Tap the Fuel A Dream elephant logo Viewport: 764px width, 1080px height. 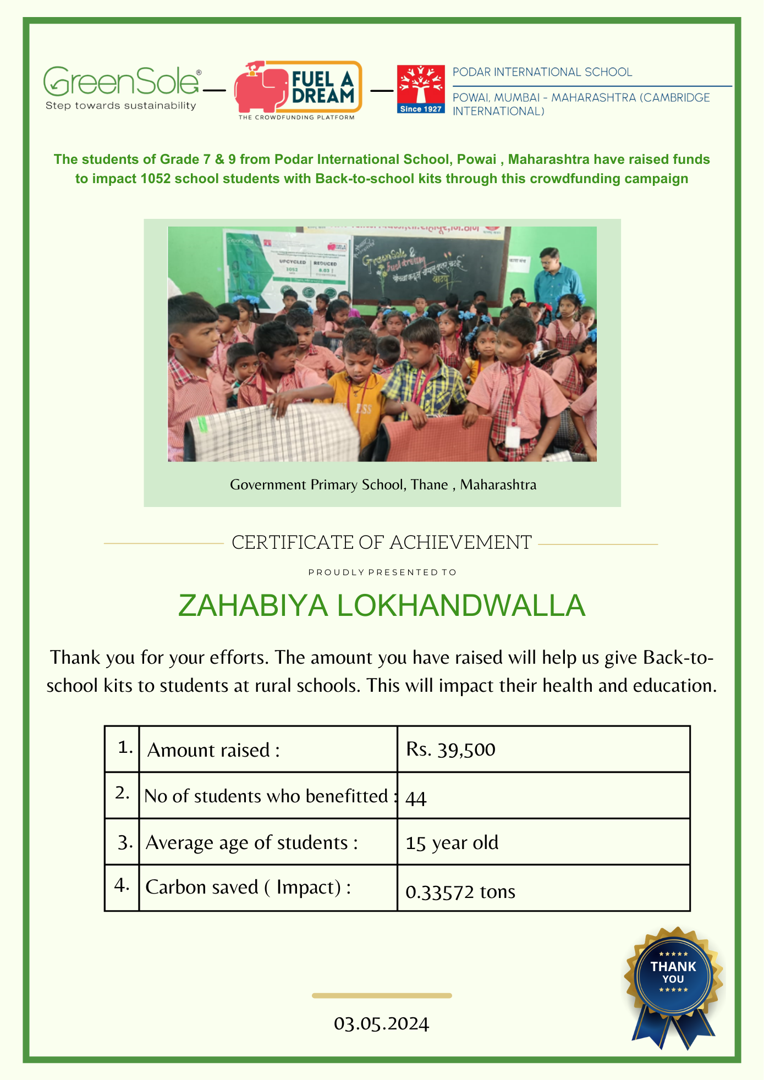(298, 89)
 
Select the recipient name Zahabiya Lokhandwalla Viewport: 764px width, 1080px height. (382, 605)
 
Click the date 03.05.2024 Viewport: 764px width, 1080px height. (381, 1024)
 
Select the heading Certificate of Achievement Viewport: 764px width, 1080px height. (381, 543)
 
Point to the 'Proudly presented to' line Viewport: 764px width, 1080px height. (382, 572)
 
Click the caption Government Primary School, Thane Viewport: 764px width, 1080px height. (383, 484)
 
